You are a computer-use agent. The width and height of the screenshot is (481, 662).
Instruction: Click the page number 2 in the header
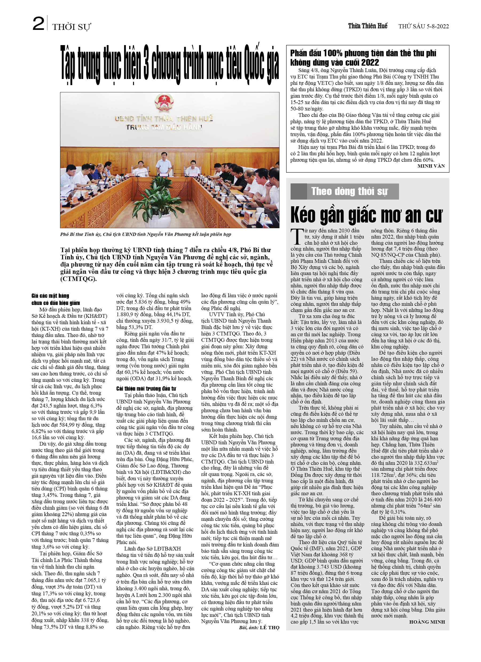coord(38,24)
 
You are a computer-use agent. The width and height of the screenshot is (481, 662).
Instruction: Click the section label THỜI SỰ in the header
coord(71,27)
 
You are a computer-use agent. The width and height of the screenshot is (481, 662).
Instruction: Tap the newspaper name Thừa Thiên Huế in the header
coord(367,26)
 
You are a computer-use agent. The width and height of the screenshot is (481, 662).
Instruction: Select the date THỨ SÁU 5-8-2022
coord(423,26)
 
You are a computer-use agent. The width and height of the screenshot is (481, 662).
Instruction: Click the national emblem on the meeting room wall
coord(164,102)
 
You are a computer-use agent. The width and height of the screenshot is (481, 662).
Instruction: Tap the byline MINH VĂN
coord(431,166)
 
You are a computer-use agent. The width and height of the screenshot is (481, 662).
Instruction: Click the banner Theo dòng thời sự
coord(349,191)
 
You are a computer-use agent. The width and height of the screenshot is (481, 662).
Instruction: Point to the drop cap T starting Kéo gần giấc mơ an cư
coord(297,236)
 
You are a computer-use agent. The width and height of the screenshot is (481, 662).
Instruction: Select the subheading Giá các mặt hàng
coord(50,296)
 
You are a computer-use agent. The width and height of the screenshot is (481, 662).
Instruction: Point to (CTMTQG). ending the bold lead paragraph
coord(78,279)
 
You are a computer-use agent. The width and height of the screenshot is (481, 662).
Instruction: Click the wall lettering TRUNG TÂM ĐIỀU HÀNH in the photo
coord(164,127)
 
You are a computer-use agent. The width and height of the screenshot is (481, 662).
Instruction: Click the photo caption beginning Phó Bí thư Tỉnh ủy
coord(145,234)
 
